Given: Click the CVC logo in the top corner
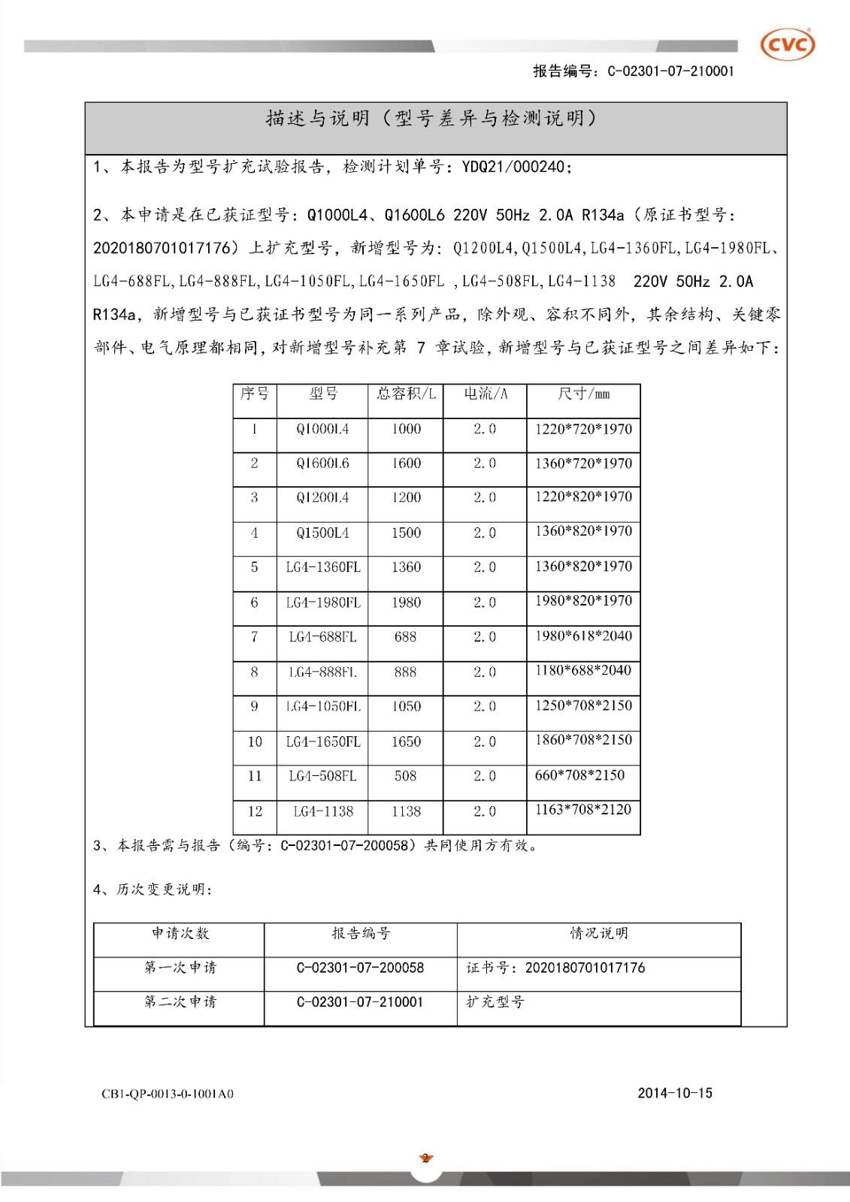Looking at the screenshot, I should [788, 45].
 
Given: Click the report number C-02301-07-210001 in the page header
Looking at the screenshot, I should [670, 71].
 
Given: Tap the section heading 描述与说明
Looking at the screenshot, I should [317, 119].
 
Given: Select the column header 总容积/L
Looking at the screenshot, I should [406, 394].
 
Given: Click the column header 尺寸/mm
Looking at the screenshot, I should [583, 394].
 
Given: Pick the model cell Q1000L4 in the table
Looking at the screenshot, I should [322, 429].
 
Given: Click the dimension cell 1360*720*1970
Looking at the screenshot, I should [583, 464].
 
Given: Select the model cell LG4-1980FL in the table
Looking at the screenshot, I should [322, 603].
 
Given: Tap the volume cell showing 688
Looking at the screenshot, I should [405, 637].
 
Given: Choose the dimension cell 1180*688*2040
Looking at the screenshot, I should [583, 670].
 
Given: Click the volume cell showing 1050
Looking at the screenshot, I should [406, 706].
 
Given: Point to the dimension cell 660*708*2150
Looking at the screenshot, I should [579, 775].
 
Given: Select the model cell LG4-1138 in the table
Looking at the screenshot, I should [323, 811].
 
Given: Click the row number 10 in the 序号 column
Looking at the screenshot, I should [255, 741].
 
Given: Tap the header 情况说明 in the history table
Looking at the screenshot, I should [598, 933].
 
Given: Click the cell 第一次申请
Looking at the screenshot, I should [180, 968].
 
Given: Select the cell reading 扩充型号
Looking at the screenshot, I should [495, 1002].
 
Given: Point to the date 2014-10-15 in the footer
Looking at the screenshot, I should [674, 1093].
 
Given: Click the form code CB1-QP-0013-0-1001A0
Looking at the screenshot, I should [168, 1094].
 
